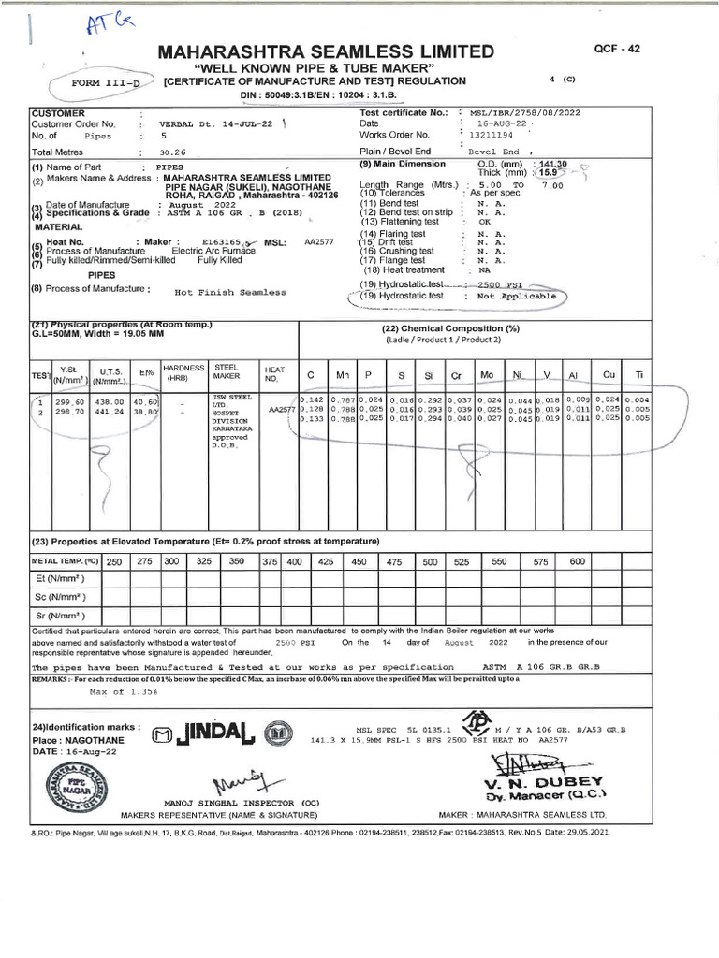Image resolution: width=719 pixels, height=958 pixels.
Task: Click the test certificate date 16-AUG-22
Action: click(506, 123)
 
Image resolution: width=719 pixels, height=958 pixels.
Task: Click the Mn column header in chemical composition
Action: click(343, 374)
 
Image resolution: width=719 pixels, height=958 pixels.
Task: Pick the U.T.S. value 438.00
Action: click(109, 401)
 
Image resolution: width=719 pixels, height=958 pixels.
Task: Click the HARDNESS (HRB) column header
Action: click(183, 373)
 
